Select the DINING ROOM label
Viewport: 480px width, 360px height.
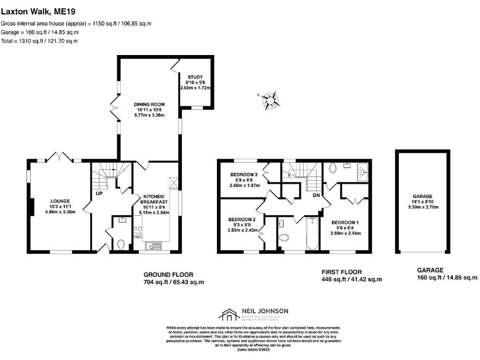150,104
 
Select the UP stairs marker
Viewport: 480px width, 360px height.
99,194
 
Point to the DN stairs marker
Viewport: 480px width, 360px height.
317,196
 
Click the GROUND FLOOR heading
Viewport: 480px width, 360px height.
168,274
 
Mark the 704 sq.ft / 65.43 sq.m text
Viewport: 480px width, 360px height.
174,282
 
